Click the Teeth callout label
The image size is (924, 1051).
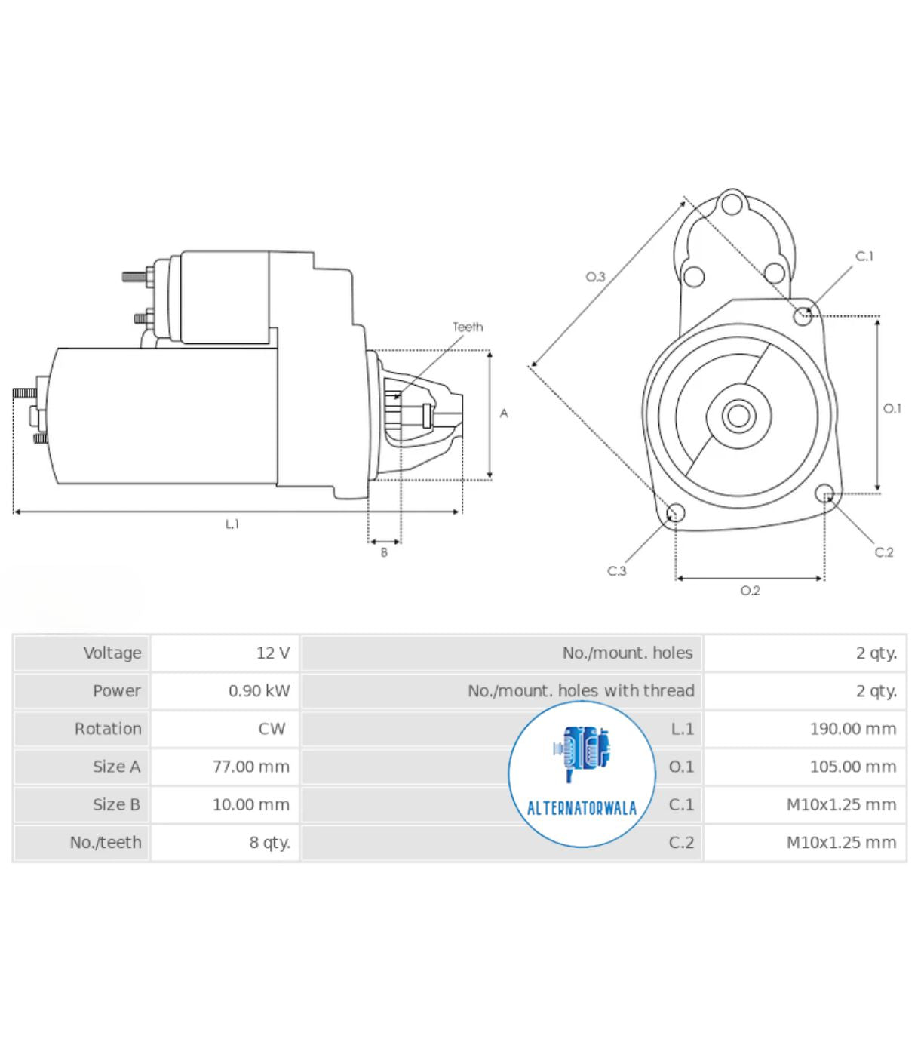(x=468, y=327)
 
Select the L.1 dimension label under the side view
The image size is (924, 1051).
(x=232, y=524)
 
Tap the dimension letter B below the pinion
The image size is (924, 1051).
(x=384, y=552)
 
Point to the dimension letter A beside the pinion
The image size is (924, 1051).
(x=504, y=413)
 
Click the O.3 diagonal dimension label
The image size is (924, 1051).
(x=596, y=277)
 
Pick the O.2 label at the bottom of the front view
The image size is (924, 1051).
(x=750, y=591)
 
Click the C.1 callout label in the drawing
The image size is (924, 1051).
(x=864, y=257)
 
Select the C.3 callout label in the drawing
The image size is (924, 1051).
(x=617, y=571)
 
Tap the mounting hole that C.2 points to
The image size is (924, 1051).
(x=825, y=493)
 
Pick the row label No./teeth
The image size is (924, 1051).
(x=106, y=842)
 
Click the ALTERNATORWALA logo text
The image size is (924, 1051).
(x=582, y=809)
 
